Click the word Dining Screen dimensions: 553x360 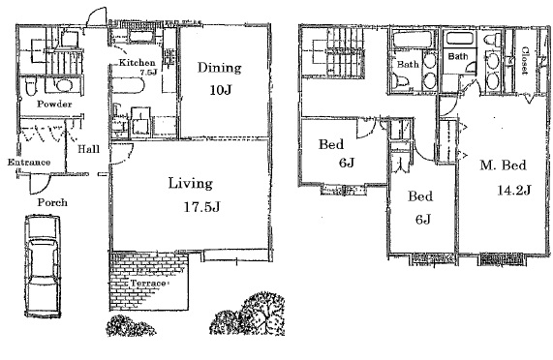[x=220, y=68]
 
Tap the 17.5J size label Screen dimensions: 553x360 [x=201, y=207]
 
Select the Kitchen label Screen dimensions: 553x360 [x=137, y=63]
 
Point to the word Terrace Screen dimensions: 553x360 [x=148, y=284]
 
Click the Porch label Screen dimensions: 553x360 [x=52, y=202]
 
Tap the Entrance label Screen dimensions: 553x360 [x=29, y=163]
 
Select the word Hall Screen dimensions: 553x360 [x=88, y=149]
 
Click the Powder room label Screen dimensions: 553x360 [x=54, y=105]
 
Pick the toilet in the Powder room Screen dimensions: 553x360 [x=31, y=86]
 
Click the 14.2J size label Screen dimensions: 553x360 [x=514, y=191]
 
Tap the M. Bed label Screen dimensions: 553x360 [x=503, y=165]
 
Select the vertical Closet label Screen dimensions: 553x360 [x=525, y=60]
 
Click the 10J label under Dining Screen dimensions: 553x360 [x=221, y=90]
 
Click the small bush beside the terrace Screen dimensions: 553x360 [x=131, y=326]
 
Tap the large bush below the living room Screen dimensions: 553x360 [x=248, y=314]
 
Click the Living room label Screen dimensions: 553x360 [x=191, y=184]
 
